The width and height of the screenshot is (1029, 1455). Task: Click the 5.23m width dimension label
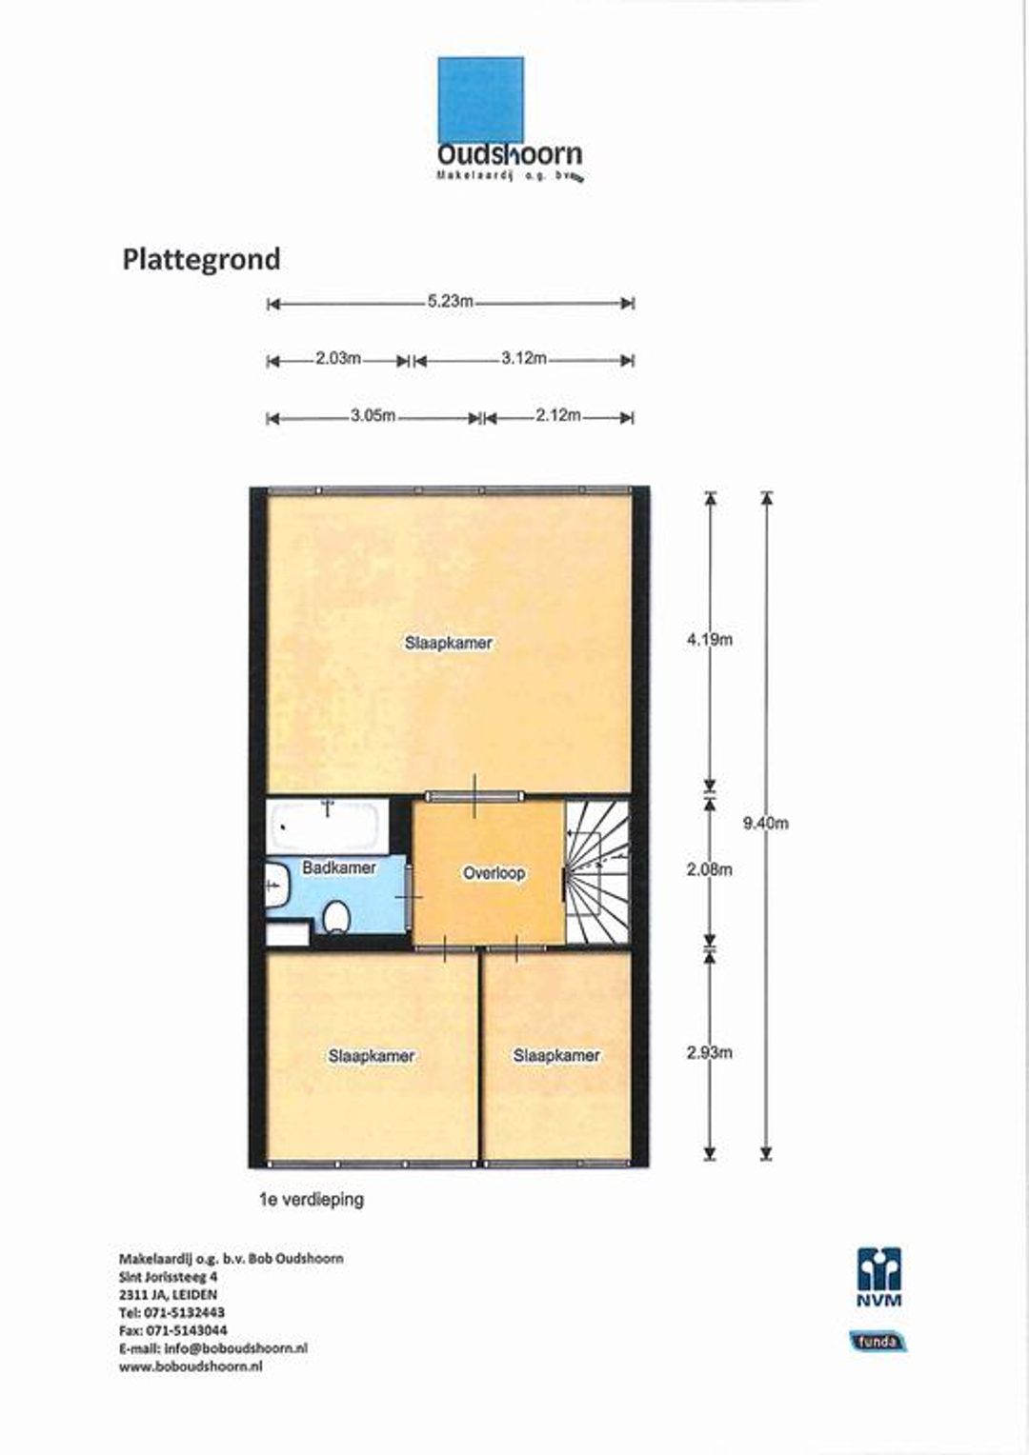[x=450, y=302]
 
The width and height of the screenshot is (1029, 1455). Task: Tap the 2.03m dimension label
[x=338, y=359]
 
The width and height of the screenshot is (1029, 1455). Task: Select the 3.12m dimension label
[x=524, y=359]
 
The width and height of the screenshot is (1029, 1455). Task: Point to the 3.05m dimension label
[x=373, y=416]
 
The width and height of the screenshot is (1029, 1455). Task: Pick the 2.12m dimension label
[x=557, y=416]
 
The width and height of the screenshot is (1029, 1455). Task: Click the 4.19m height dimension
[x=710, y=640]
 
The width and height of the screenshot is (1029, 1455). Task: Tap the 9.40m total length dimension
[x=766, y=824]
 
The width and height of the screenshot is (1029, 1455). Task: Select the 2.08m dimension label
[x=710, y=869]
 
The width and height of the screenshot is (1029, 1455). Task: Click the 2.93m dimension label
[x=710, y=1052]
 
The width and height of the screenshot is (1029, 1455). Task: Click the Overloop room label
[x=494, y=872]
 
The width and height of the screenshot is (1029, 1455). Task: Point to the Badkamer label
[x=339, y=868]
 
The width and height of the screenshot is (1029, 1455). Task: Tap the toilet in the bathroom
[x=335, y=918]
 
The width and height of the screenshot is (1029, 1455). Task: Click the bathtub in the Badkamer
[x=326, y=825]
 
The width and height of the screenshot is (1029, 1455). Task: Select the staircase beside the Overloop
[x=598, y=871]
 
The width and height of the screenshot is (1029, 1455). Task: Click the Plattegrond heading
[x=201, y=259]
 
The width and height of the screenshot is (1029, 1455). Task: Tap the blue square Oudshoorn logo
[x=480, y=100]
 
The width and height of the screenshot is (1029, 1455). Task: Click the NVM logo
[x=878, y=1277]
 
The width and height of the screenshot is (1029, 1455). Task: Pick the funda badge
[x=878, y=1342]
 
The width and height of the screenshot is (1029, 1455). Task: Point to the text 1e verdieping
[x=312, y=1200]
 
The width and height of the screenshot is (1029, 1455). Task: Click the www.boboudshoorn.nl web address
[x=191, y=1366]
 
